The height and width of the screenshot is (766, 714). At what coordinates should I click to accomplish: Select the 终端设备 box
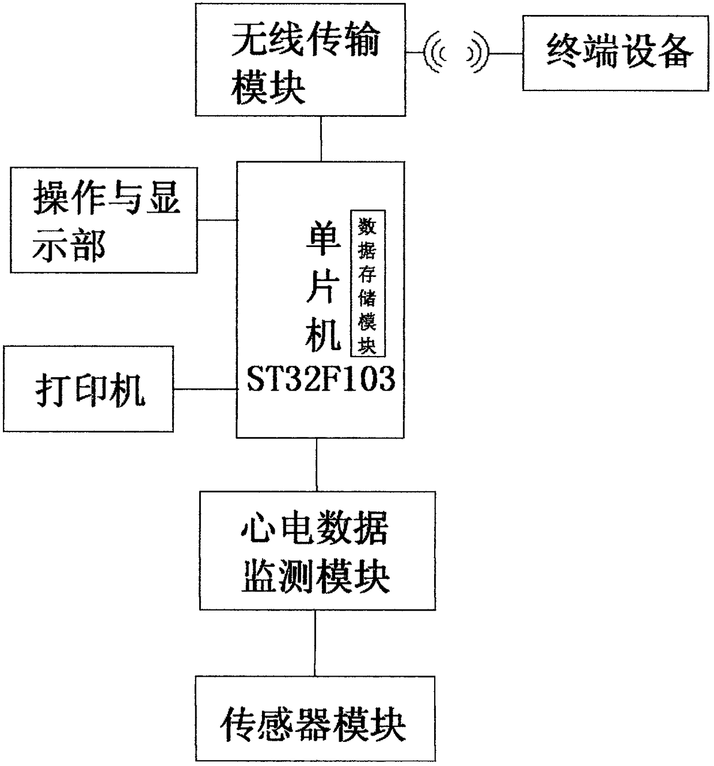click(x=615, y=53)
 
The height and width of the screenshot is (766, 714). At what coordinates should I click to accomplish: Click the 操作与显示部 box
click(x=104, y=220)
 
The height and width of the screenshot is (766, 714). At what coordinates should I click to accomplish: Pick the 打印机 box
click(x=88, y=389)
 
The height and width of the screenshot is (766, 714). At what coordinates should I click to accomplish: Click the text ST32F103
click(x=321, y=380)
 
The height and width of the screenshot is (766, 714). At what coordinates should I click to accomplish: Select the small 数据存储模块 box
click(x=367, y=283)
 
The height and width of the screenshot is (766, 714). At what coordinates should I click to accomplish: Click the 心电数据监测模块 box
click(x=317, y=550)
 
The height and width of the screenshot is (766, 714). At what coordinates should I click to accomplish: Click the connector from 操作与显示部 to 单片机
click(x=217, y=219)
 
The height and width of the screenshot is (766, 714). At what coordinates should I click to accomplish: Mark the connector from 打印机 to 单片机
click(x=205, y=389)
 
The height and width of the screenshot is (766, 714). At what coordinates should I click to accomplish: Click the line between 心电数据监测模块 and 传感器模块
click(x=314, y=643)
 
